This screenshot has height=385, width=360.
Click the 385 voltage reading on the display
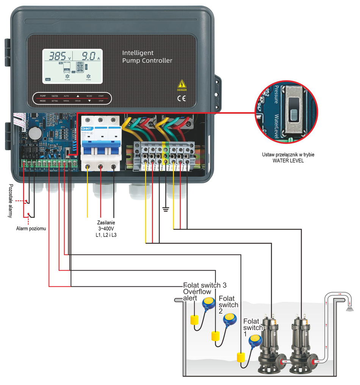[55, 56]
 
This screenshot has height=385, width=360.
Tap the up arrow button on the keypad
[78, 96]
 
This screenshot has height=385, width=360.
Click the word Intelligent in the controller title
[138, 53]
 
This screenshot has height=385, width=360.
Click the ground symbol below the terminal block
[166, 209]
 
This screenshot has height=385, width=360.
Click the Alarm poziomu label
[31, 228]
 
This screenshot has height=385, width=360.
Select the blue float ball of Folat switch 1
[256, 341]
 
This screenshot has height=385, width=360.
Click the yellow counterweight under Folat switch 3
[195, 320]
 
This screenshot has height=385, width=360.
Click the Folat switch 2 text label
[229, 305]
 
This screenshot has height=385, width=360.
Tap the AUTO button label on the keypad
[66, 96]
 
